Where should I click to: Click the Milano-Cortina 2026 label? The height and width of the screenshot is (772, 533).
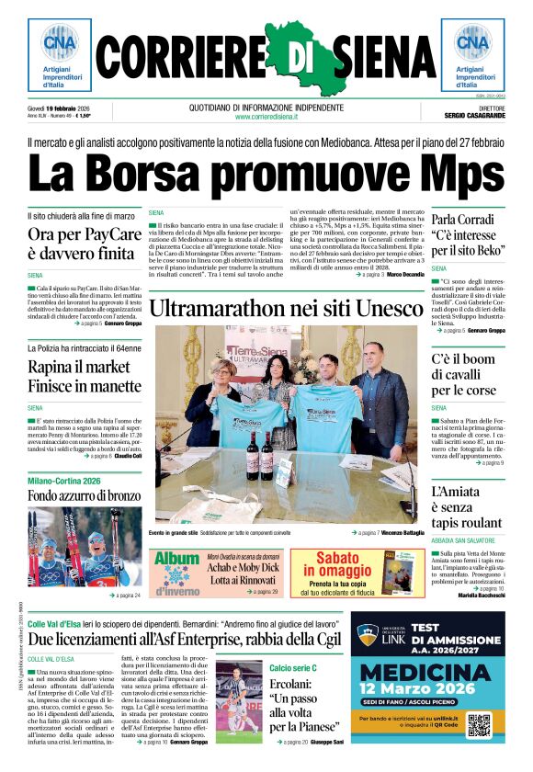pyautogui.click(x=63, y=481)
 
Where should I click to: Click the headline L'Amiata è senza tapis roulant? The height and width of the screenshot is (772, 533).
pyautogui.click(x=464, y=508)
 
